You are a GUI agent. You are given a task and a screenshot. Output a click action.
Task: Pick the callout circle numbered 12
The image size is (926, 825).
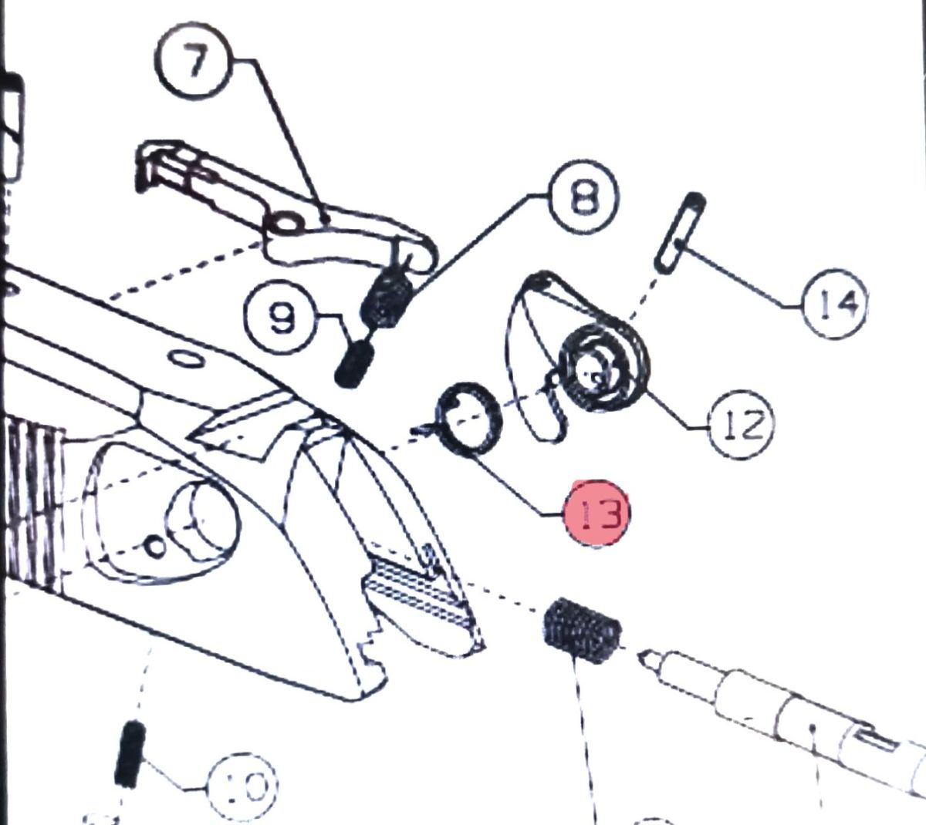(741, 425)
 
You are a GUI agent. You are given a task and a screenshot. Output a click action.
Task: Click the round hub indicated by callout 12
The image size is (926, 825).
(603, 369)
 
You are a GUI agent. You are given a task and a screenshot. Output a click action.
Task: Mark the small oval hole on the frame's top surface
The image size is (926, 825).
(186, 359)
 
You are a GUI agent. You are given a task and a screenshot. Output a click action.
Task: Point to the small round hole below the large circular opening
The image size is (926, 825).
(155, 547)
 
